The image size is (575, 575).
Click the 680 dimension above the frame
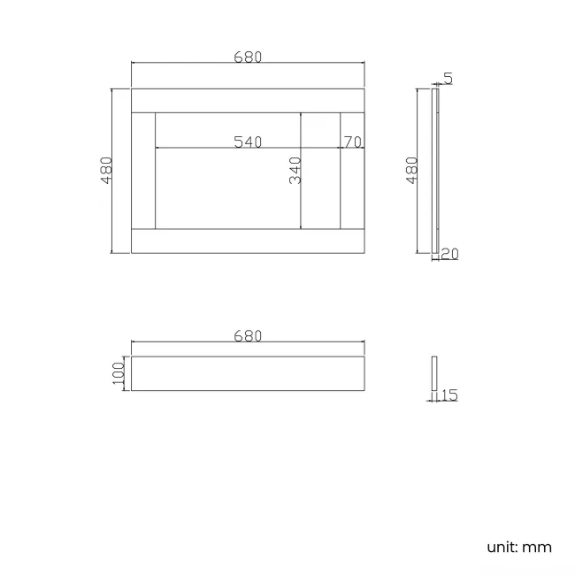tap(248, 57)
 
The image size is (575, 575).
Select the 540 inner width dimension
tap(248, 142)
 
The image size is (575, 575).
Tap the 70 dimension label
tap(352, 142)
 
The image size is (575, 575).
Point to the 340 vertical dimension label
tap(295, 170)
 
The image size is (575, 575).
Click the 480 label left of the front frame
tap(106, 170)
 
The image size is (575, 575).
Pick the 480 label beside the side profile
tap(411, 170)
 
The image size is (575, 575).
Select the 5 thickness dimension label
tap(448, 79)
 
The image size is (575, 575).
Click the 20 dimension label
tap(449, 254)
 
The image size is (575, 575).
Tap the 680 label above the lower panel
tap(248, 336)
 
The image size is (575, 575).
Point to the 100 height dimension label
tap(119, 373)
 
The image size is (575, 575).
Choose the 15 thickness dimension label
tap(448, 395)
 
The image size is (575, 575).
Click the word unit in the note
tap(501, 547)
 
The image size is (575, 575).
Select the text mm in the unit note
tap(537, 547)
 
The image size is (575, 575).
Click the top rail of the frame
tap(248, 100)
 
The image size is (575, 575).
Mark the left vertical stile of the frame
tap(143, 171)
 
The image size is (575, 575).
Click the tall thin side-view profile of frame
tap(434, 170)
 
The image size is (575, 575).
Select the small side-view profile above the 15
tap(434, 373)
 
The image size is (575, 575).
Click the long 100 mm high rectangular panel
tap(248, 373)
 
